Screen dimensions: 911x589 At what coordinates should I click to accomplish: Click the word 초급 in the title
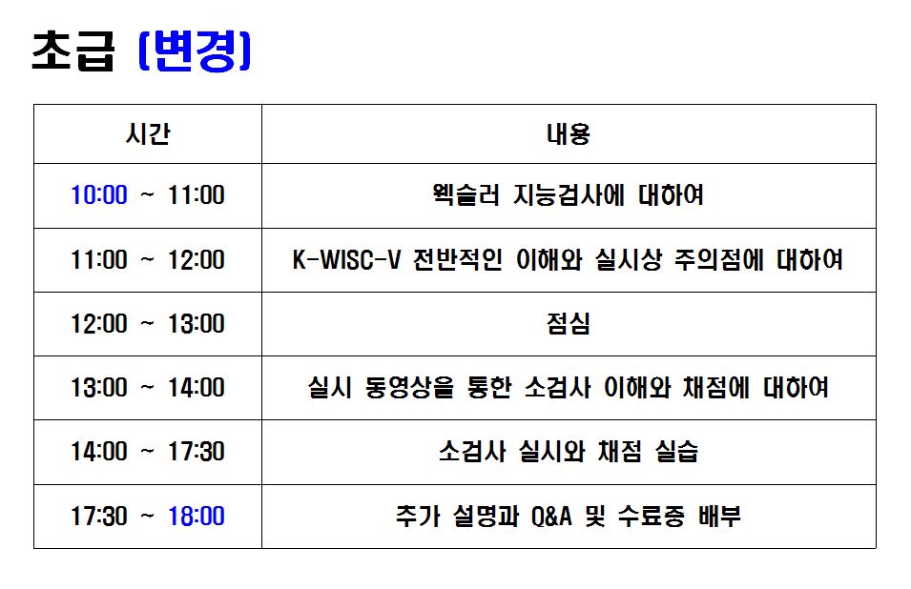(73, 51)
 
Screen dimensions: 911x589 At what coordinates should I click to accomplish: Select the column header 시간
(148, 134)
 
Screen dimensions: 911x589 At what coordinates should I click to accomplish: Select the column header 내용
(569, 134)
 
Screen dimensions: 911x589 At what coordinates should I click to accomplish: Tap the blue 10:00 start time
(99, 195)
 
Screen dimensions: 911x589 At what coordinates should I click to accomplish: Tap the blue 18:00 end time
(197, 516)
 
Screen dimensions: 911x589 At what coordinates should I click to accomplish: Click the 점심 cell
(569, 324)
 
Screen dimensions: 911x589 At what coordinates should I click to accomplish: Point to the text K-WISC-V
(347, 260)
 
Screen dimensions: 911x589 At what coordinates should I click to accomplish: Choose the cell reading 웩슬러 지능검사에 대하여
(569, 195)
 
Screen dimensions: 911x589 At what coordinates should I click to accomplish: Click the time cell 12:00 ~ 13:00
(148, 324)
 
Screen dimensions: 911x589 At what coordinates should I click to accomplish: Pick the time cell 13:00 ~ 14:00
(148, 388)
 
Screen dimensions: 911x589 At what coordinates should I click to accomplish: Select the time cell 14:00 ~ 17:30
(148, 452)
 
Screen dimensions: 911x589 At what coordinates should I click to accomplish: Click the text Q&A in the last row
(551, 516)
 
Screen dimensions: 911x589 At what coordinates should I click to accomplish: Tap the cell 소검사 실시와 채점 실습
(569, 452)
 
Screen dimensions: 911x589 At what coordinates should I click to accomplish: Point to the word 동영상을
(409, 388)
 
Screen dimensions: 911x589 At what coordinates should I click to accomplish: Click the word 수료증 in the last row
(651, 516)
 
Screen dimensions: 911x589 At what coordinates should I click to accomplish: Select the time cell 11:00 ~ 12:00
(148, 260)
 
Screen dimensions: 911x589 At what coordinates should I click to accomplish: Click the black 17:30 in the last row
(99, 516)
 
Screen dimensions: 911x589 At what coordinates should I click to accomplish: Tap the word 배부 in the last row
(720, 516)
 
